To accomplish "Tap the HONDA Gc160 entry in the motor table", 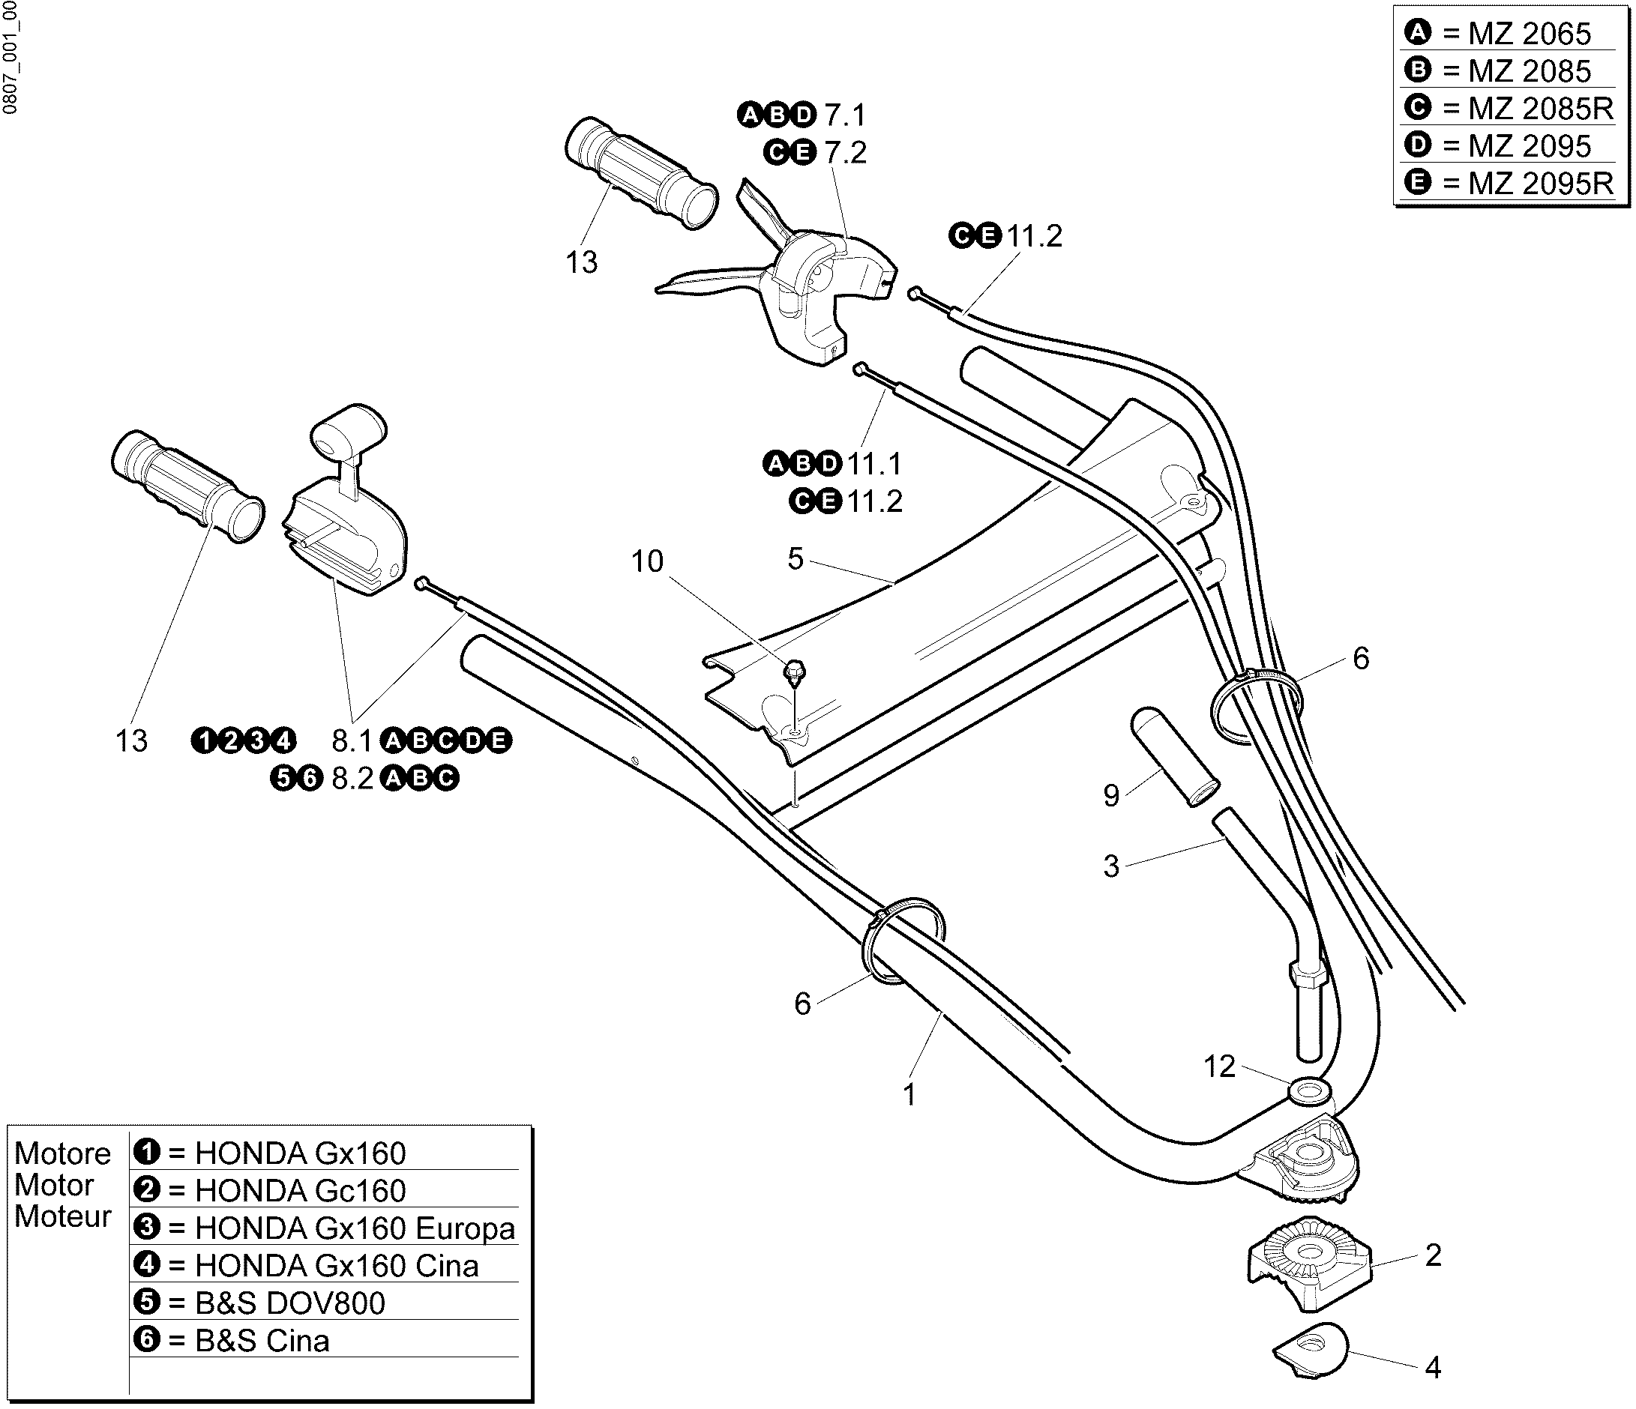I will pos(300,1190).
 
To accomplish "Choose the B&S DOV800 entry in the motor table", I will pos(289,1303).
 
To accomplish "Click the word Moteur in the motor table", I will pos(63,1216).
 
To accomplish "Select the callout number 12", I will pos(1218,1066).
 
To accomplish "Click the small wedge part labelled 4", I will pos(1310,1349).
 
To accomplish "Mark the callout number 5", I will pos(795,559).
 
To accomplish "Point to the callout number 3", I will pos(1111,866).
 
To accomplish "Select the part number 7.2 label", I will pos(845,152).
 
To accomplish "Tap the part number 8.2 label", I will pos(352,778).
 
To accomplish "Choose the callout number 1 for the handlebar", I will pos(909,1095).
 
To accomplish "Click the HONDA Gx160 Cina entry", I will pos(337,1265).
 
